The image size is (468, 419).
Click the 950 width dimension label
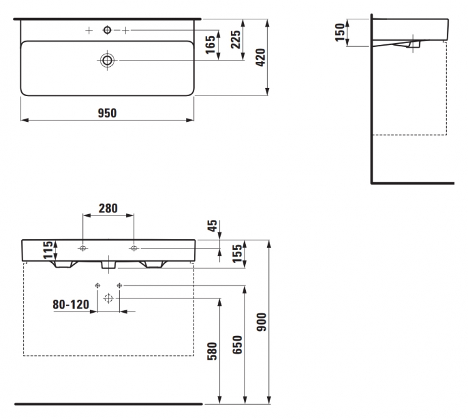(x=107, y=113)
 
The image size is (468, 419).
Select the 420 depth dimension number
(x=261, y=57)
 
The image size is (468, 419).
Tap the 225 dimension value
(x=236, y=39)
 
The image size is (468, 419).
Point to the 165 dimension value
(x=210, y=44)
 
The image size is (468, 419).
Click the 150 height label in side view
(x=340, y=32)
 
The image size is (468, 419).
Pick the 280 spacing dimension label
(x=108, y=208)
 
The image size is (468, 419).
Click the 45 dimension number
(x=213, y=226)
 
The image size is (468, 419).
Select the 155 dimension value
(x=237, y=254)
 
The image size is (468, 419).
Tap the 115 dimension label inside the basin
(x=48, y=250)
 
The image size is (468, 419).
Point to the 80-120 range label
(x=71, y=305)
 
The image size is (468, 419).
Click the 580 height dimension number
(x=212, y=351)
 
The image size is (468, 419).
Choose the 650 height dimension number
(x=238, y=345)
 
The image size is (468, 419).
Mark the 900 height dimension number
(x=261, y=322)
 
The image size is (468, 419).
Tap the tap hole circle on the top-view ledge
(x=107, y=27)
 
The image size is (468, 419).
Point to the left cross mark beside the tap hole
(x=89, y=31)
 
